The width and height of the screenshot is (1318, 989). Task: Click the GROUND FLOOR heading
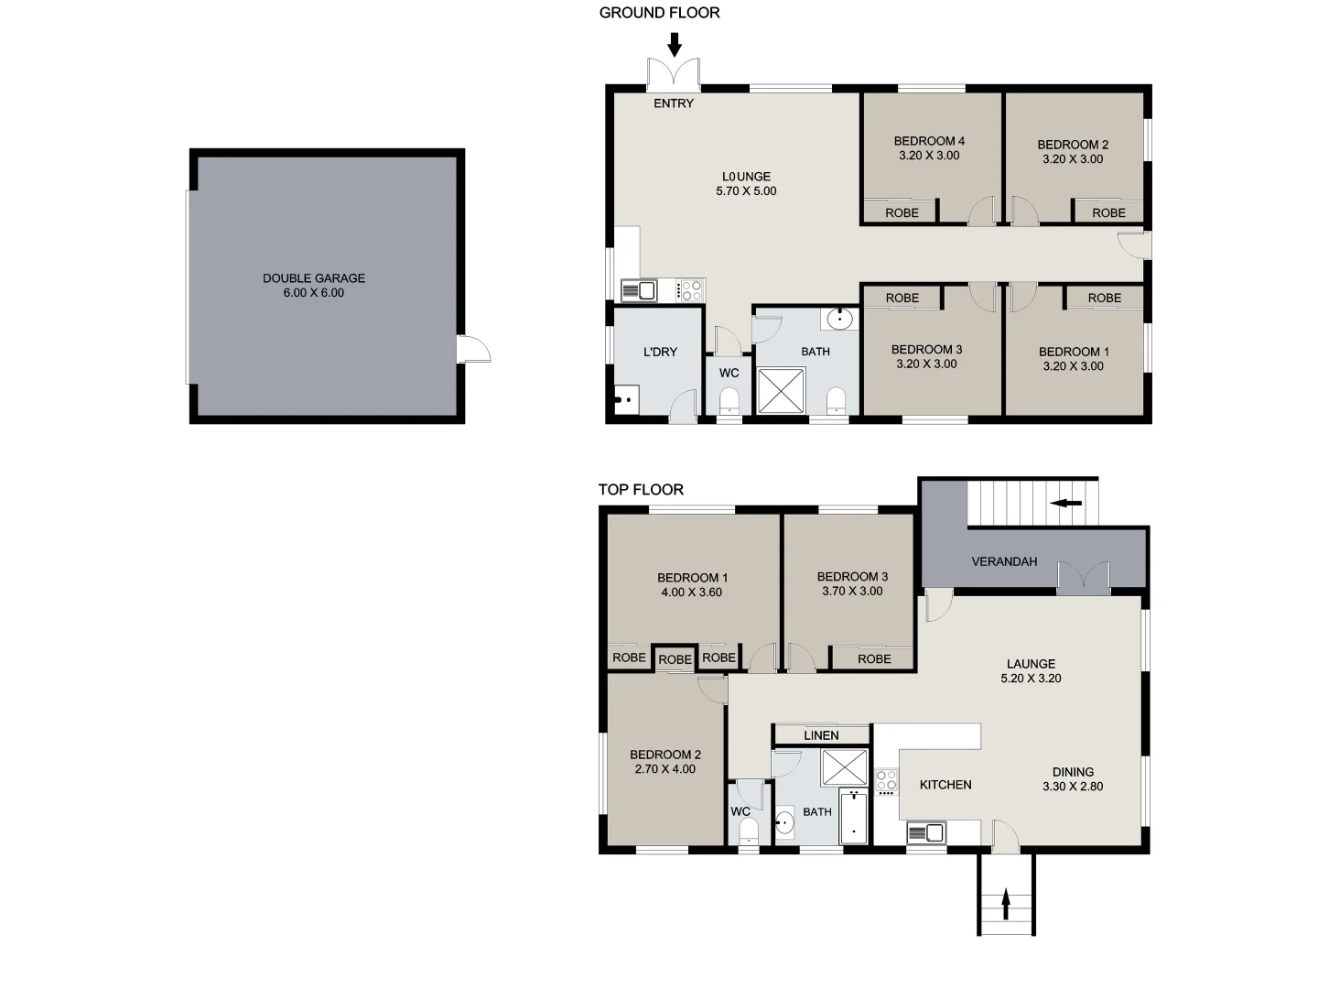pyautogui.click(x=659, y=13)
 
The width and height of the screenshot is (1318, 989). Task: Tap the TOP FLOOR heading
pyautogui.click(x=641, y=490)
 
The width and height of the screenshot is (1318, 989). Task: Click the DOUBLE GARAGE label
pyautogui.click(x=314, y=285)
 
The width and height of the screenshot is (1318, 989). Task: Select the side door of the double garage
pyautogui.click(x=474, y=349)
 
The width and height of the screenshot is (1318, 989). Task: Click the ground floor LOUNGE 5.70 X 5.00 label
pyautogui.click(x=746, y=184)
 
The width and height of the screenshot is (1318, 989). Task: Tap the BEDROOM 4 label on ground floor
pyautogui.click(x=929, y=148)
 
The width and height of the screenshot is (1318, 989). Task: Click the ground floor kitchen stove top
pyautogui.click(x=691, y=290)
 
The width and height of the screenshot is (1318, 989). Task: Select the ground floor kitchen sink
pyautogui.click(x=639, y=290)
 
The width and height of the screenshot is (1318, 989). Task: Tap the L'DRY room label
pyautogui.click(x=660, y=352)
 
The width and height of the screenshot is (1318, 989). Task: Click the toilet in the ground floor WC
pyautogui.click(x=729, y=401)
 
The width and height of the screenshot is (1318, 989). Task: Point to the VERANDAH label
pyautogui.click(x=1004, y=561)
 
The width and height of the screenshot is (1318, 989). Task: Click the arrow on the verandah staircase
pyautogui.click(x=1066, y=503)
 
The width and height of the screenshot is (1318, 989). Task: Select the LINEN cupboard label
pyautogui.click(x=821, y=735)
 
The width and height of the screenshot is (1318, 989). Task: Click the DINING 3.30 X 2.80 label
pyautogui.click(x=1073, y=779)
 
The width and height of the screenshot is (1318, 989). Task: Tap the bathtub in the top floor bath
pyautogui.click(x=853, y=817)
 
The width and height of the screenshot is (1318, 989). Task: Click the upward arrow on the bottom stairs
pyautogui.click(x=1006, y=905)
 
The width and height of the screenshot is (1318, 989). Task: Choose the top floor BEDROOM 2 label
pyautogui.click(x=665, y=762)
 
